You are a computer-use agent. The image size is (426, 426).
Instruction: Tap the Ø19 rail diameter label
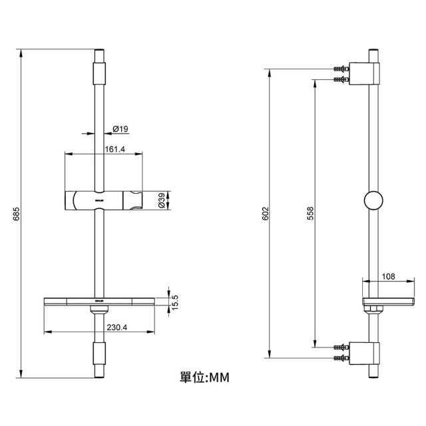click(x=120, y=128)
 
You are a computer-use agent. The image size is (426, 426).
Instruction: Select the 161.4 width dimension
click(x=115, y=149)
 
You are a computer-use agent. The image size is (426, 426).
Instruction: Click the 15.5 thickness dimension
click(x=175, y=301)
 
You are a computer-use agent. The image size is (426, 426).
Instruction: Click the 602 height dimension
click(x=265, y=214)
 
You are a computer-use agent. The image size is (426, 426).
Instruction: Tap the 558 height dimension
click(x=310, y=214)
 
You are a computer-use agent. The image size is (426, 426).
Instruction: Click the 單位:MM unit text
click(x=204, y=377)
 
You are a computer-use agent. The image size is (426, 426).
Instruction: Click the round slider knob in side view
click(x=374, y=200)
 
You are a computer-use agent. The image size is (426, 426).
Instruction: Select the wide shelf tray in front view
click(x=100, y=303)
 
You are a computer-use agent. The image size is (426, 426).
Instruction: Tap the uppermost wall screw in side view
click(x=341, y=68)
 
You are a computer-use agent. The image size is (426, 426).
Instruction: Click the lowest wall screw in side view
click(x=341, y=359)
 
